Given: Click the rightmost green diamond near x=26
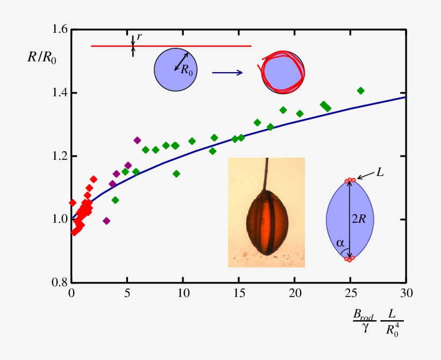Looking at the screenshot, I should click(x=361, y=90).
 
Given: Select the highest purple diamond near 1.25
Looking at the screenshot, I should click(x=137, y=140).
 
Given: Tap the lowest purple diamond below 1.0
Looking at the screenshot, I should click(x=106, y=221).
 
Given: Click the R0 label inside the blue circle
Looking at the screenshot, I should click(x=187, y=69).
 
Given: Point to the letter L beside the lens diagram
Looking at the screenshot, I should click(x=380, y=174).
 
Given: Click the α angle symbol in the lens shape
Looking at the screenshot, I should click(x=340, y=243).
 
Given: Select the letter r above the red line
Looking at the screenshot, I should click(x=139, y=37).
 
